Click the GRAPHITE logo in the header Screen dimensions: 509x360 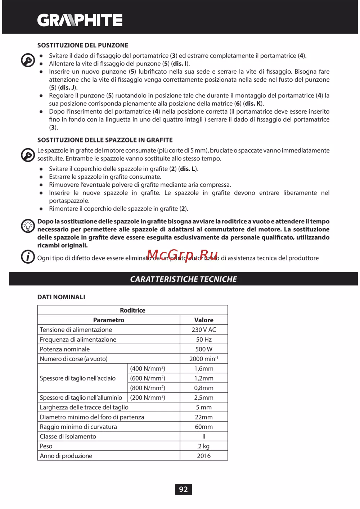click(80, 20)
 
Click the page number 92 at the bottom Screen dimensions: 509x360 click(183, 489)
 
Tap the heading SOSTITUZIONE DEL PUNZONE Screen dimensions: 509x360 click(83, 45)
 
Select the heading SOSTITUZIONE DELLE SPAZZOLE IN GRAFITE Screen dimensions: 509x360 click(105, 140)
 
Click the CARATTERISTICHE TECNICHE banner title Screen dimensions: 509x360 click(183, 279)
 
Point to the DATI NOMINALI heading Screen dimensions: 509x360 click(61, 297)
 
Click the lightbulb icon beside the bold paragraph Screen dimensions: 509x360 click(28, 226)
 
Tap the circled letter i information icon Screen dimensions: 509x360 click(28, 257)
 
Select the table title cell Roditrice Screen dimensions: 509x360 click(132, 310)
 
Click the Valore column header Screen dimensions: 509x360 click(204, 320)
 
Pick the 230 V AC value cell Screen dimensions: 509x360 click(204, 330)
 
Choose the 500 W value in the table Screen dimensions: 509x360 click(204, 349)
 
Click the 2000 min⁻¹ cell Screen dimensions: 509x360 click(204, 359)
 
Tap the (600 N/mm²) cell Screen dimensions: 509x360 click(148, 378)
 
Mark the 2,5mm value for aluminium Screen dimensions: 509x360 click(204, 398)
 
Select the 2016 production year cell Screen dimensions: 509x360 click(204, 456)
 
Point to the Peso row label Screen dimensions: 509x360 click(46, 446)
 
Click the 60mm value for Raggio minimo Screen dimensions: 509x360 click(204, 427)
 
